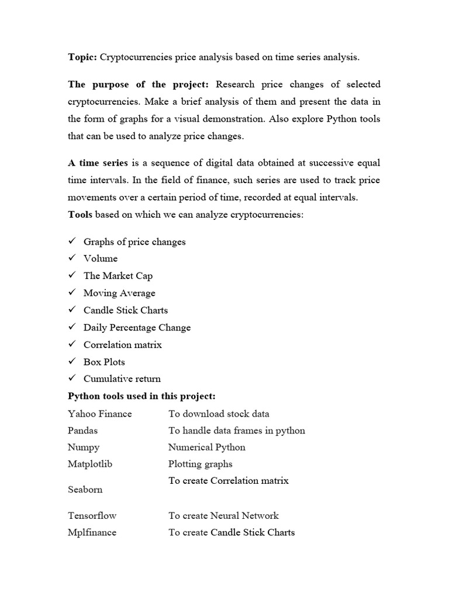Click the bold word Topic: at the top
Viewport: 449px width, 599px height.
tap(82, 57)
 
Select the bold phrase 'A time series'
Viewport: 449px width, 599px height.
tap(97, 163)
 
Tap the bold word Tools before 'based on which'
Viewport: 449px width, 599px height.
tap(80, 215)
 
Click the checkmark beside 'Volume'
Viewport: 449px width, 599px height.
tap(72, 258)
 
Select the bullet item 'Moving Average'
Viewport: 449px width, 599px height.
tap(119, 293)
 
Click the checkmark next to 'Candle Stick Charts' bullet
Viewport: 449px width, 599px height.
tap(72, 310)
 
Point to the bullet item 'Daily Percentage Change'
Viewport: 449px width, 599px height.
tap(137, 328)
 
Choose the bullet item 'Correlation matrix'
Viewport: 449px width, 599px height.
tap(122, 345)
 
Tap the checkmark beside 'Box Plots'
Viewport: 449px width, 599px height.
tap(72, 362)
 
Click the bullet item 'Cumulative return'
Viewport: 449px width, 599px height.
tap(122, 378)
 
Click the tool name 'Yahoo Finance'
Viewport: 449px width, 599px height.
tap(100, 414)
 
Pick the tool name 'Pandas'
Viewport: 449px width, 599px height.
tap(83, 431)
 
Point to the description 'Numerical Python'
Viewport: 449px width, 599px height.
tap(206, 447)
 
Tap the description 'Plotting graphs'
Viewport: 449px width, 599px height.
tap(200, 464)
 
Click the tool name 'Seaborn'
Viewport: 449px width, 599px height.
tap(85, 490)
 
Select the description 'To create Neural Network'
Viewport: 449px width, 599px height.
tap(223, 516)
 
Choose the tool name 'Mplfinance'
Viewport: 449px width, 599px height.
tap(92, 533)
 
